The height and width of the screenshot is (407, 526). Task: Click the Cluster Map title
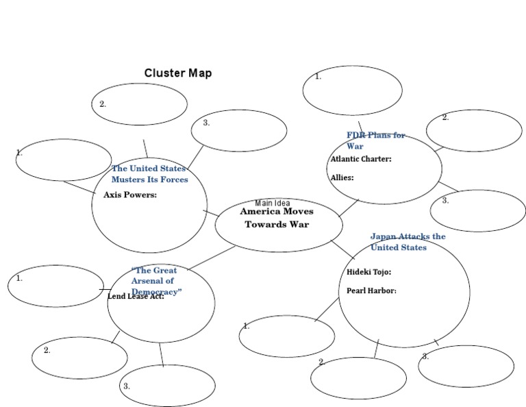coord(177,73)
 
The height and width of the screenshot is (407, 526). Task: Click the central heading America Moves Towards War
coord(277,218)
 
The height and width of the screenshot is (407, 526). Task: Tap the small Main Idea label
coord(273,203)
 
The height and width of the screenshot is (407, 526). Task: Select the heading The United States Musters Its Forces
coord(149,174)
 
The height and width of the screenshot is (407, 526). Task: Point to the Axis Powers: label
coord(130,195)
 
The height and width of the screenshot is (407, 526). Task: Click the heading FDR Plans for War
coord(375,140)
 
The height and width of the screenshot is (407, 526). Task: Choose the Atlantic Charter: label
coord(361,159)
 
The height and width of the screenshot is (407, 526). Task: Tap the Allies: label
coord(342,177)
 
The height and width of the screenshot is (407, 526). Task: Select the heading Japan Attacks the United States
coord(408,242)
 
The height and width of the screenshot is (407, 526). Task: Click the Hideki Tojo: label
coord(368,272)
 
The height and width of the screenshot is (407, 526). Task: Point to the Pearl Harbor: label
coord(371,291)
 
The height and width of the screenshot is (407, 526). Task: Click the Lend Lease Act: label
coord(136,297)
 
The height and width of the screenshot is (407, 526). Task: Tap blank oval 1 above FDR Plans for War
coord(352,90)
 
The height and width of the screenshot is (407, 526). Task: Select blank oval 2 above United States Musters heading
coord(139,104)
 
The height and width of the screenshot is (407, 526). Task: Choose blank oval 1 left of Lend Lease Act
coord(55,286)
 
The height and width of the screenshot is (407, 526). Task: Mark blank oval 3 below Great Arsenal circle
coord(167,386)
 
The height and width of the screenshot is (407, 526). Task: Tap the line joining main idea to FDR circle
coord(349,207)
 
